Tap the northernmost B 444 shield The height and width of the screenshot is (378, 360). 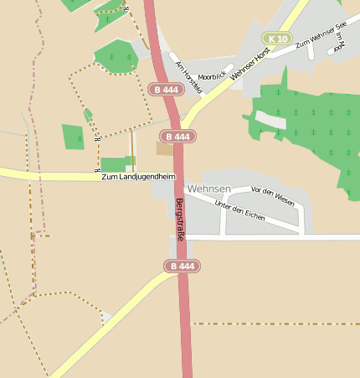(x=164, y=89)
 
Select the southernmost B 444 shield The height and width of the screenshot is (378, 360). (x=181, y=266)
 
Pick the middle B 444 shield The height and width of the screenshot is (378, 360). (x=179, y=136)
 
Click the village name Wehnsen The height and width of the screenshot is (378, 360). (x=209, y=189)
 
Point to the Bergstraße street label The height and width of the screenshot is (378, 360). (x=179, y=220)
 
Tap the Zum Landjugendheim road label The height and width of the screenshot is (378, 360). (x=138, y=177)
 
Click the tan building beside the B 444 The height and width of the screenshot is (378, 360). (x=164, y=148)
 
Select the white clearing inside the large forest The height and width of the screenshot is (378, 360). (x=270, y=119)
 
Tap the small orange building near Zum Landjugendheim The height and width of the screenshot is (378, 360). (x=130, y=159)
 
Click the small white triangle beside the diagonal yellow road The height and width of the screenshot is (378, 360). (x=105, y=317)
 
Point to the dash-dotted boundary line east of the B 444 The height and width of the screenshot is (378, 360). (x=276, y=323)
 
